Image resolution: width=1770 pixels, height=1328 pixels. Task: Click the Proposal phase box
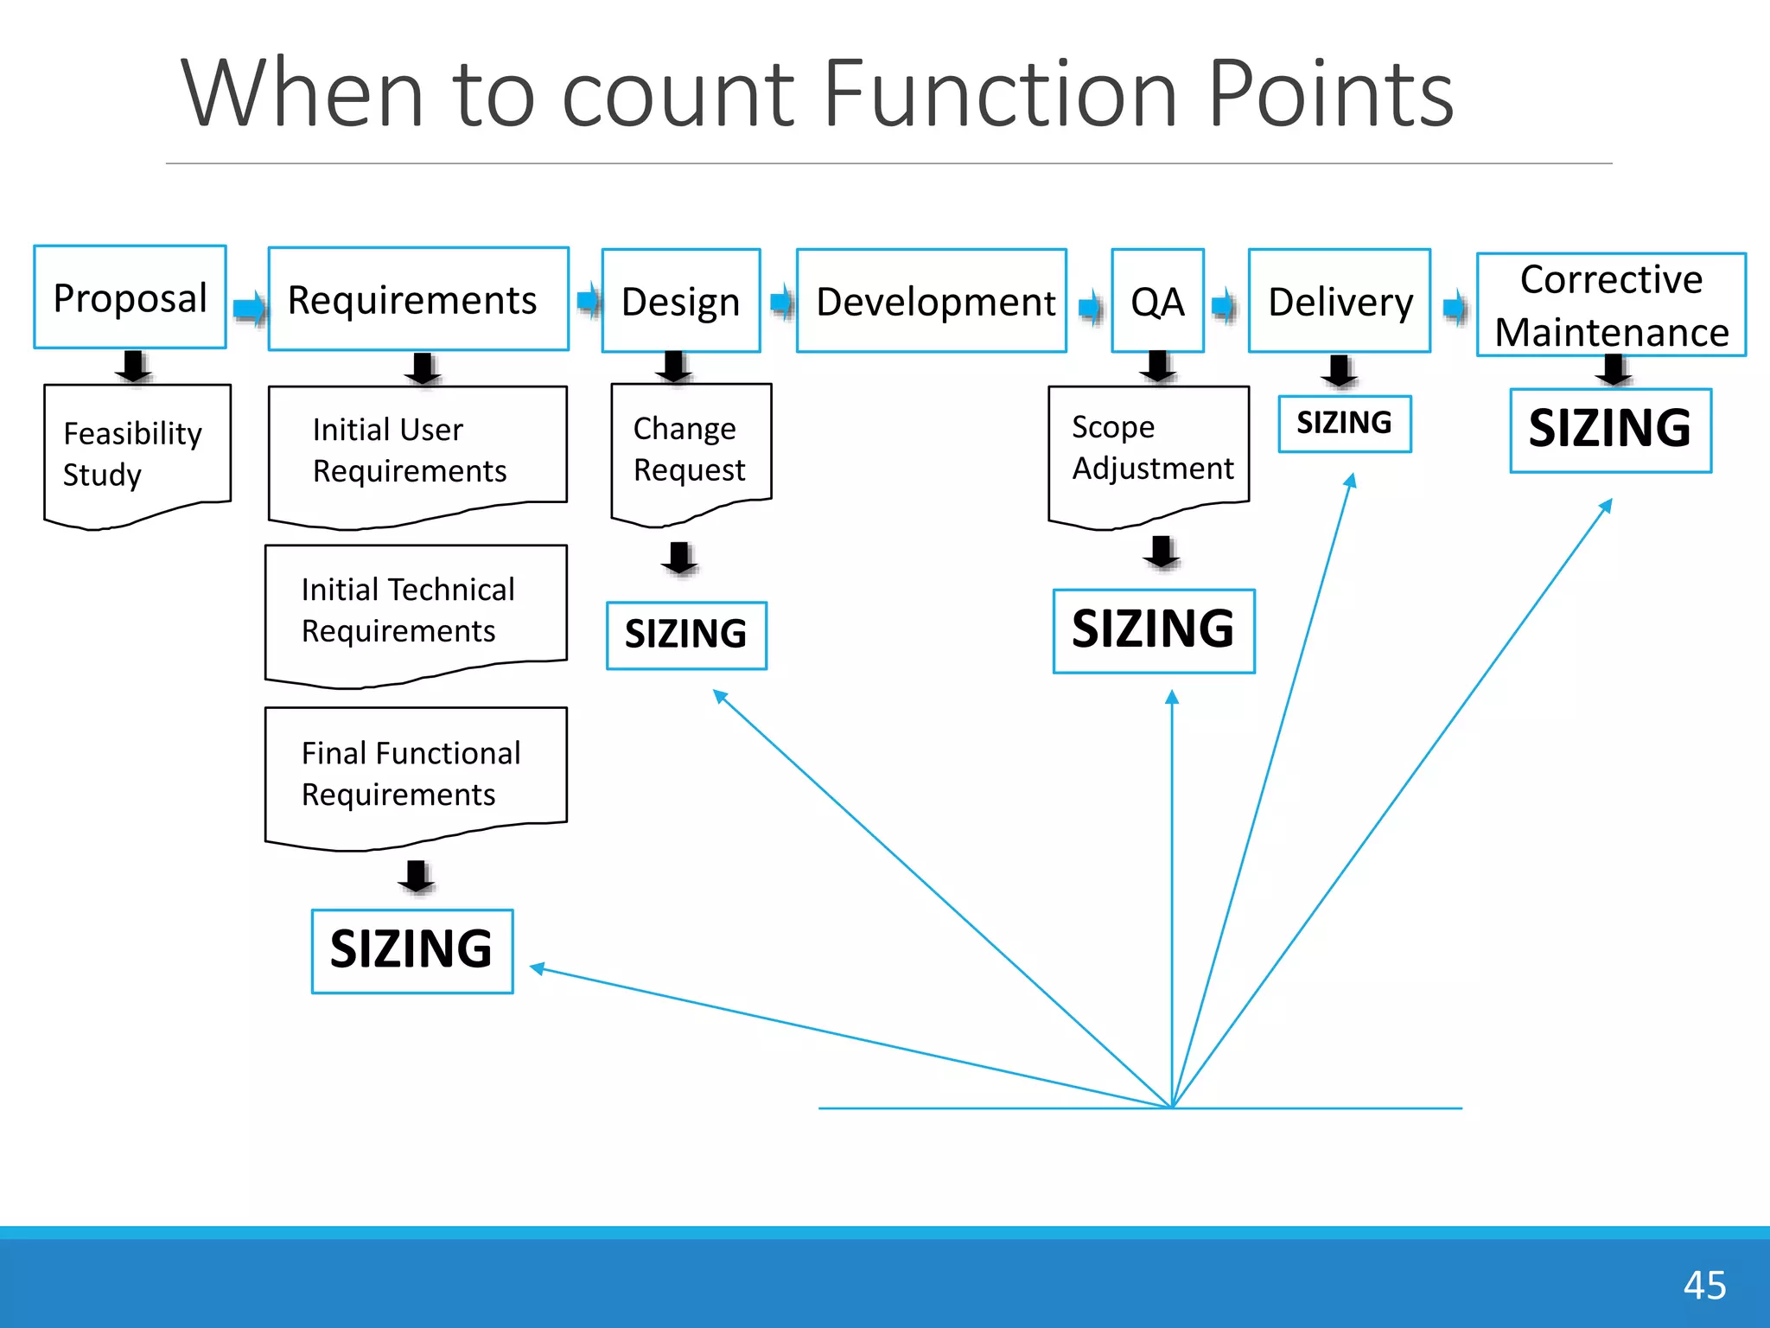tap(130, 297)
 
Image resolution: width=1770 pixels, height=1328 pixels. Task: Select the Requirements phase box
tap(418, 299)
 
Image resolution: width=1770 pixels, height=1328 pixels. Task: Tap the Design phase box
tap(681, 301)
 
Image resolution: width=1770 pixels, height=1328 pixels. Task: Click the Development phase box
tap(931, 301)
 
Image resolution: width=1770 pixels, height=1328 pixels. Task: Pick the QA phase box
tap(1157, 301)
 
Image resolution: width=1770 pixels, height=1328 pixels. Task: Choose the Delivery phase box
tap(1339, 301)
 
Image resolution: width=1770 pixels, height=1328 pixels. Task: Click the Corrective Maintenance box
tap(1611, 305)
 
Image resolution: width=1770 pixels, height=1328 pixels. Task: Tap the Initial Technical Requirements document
tap(416, 610)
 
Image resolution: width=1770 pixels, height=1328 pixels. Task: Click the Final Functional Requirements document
tap(416, 773)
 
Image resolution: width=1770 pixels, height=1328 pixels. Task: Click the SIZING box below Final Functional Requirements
tap(412, 950)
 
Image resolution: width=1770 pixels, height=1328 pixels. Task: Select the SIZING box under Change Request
tap(686, 635)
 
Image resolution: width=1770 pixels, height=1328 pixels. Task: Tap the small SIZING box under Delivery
tap(1344, 424)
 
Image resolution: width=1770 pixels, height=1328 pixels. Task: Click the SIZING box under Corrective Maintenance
tap(1610, 430)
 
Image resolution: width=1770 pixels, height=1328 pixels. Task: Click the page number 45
tap(1704, 1285)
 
